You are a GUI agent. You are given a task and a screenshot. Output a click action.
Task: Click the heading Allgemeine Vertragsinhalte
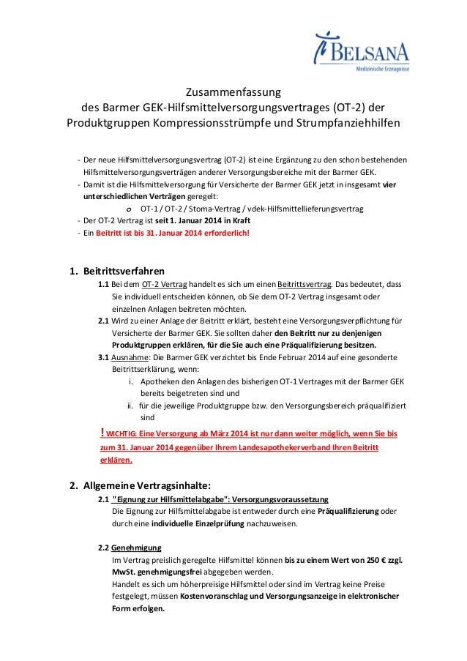[149, 485]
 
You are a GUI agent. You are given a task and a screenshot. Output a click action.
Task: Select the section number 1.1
[104, 285]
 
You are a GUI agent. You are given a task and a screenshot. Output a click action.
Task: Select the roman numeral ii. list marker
[132, 404]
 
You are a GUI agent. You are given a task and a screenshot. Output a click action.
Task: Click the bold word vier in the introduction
[391, 184]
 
